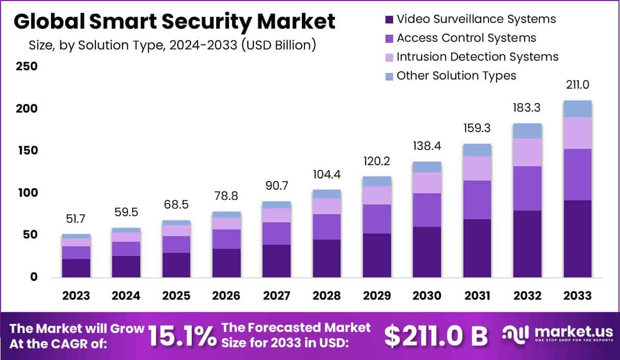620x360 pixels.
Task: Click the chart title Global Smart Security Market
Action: (174, 21)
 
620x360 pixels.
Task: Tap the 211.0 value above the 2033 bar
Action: (578, 85)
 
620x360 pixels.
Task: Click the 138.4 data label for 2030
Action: (427, 146)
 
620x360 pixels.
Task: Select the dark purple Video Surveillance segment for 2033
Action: (578, 239)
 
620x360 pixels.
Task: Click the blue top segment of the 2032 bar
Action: (528, 131)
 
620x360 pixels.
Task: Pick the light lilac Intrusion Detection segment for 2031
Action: (477, 168)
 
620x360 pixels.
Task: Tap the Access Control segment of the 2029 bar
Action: (377, 219)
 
